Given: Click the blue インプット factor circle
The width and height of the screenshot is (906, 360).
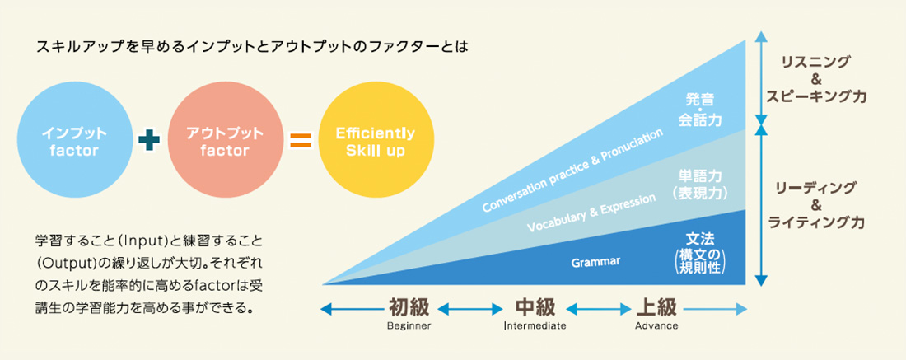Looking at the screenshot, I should tap(75, 141).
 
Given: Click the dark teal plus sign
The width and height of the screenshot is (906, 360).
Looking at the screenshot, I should tap(149, 141).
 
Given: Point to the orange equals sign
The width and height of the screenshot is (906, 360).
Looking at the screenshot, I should tap(300, 141).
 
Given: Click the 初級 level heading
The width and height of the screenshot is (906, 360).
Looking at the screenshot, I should tap(409, 308).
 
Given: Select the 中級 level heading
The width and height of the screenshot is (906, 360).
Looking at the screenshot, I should tap(535, 308).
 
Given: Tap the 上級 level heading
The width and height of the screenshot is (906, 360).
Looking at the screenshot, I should tap(656, 308).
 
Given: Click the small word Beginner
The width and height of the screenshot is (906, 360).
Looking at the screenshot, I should tap(409, 326).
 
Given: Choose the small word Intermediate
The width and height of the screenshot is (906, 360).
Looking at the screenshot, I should tap(535, 326).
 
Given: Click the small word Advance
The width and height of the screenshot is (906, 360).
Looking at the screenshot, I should tap(656, 326).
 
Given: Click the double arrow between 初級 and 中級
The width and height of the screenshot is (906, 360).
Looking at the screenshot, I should tap(470, 309).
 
